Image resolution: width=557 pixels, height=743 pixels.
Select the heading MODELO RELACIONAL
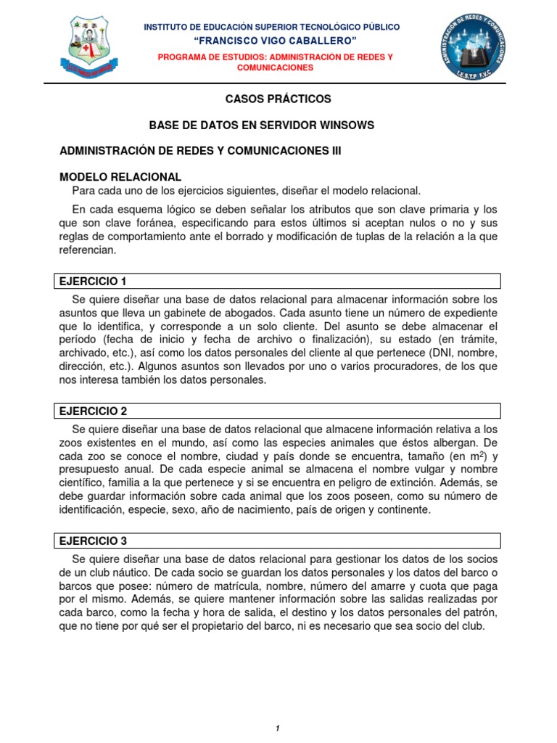click(120, 177)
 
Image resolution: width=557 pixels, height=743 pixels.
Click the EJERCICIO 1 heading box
click(278, 282)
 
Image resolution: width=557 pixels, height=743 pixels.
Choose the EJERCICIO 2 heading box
click(278, 411)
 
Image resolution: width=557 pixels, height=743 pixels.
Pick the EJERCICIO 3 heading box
click(278, 541)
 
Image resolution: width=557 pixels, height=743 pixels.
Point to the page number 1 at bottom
click(278, 708)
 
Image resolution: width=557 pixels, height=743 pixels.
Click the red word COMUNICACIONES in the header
click(275, 67)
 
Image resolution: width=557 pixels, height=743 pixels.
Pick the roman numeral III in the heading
click(331, 151)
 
